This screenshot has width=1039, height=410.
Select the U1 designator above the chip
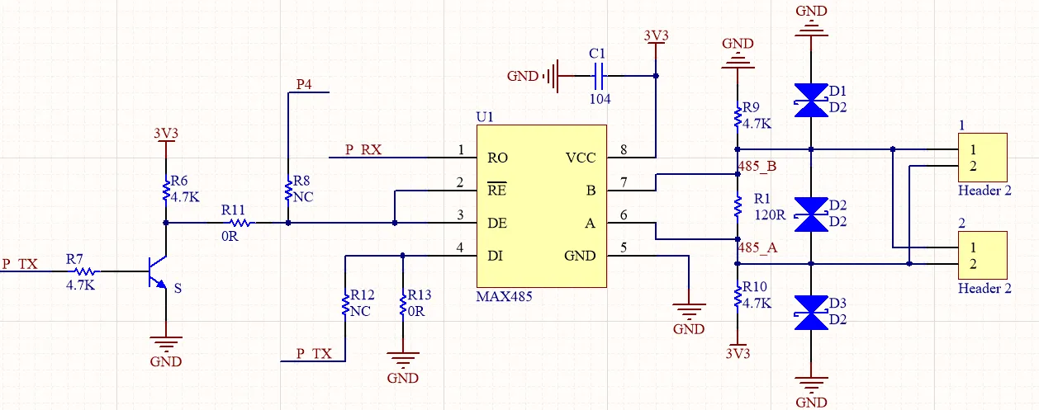tap(485, 117)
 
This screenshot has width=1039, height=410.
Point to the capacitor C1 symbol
tap(600, 77)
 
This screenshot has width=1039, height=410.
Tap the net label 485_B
tap(756, 167)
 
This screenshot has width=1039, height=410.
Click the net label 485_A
tap(756, 247)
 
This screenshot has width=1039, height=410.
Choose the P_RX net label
tap(363, 149)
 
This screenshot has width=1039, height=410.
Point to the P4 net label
tap(305, 84)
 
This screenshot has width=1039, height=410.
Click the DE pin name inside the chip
tap(497, 223)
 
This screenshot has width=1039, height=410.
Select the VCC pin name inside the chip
tap(581, 158)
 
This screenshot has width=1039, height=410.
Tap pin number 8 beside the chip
tap(624, 149)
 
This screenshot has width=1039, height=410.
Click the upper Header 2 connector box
tap(983, 157)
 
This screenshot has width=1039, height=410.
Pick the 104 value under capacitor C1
tap(600, 98)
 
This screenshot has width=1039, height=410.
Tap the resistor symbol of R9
tap(738, 117)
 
